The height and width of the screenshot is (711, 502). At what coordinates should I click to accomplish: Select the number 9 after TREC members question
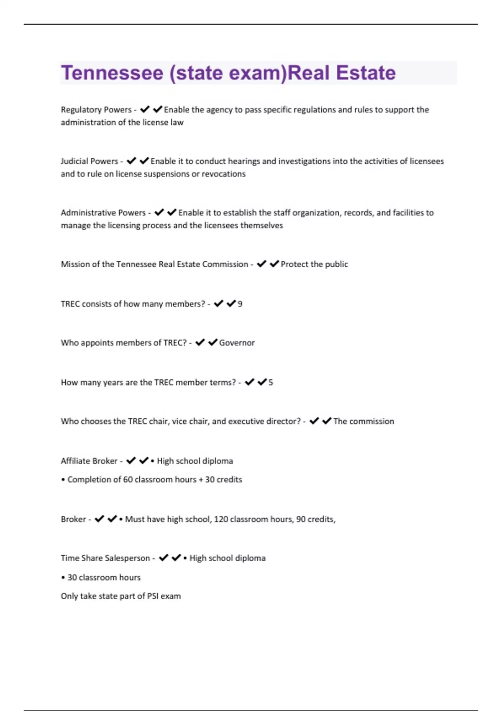[x=240, y=304]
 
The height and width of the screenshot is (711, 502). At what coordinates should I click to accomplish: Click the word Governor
[x=237, y=343]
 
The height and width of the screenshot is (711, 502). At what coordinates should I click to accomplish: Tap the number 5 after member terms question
[x=271, y=382]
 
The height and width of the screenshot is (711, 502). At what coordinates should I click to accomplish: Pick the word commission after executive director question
[x=371, y=421]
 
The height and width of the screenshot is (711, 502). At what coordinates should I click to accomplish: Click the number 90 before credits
[x=300, y=519]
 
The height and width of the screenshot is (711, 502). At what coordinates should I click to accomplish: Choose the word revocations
[x=223, y=174]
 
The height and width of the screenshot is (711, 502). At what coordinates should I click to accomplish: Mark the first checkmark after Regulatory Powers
[x=145, y=110]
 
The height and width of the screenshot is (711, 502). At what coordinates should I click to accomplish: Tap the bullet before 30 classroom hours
[x=63, y=578]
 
